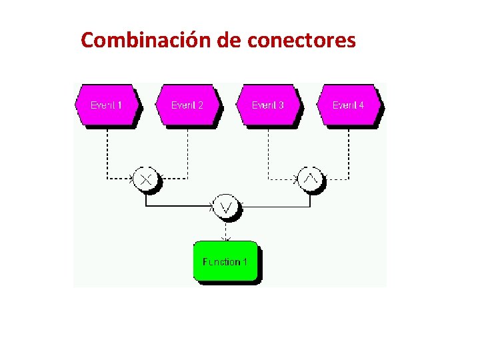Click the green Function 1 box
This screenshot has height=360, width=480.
tap(225, 262)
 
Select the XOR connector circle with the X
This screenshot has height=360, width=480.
tap(147, 178)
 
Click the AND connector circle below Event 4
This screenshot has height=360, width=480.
tap(309, 178)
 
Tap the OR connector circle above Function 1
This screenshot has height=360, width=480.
tap(226, 207)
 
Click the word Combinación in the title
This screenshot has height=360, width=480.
tap(147, 41)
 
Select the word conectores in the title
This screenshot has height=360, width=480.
tap(301, 41)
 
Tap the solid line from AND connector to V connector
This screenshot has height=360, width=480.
tap(273, 207)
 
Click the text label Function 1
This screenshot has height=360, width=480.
tap(225, 262)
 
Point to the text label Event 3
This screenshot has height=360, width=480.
tap(267, 105)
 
